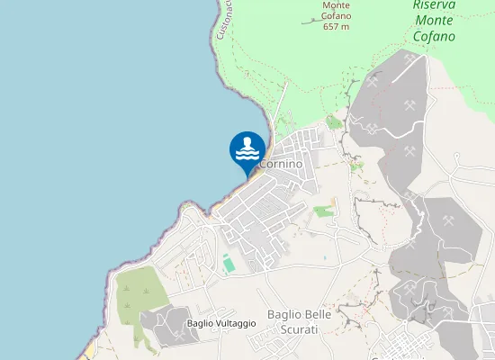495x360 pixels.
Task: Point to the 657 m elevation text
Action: coord(336,27)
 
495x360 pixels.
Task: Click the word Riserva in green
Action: coord(434,5)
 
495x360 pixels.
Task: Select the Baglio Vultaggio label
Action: coord(221,323)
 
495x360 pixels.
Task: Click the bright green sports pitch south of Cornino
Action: coord(228,264)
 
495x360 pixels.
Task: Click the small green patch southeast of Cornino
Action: coord(322,211)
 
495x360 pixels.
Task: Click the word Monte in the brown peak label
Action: coord(337,5)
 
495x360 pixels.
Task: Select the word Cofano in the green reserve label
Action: coord(435,37)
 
